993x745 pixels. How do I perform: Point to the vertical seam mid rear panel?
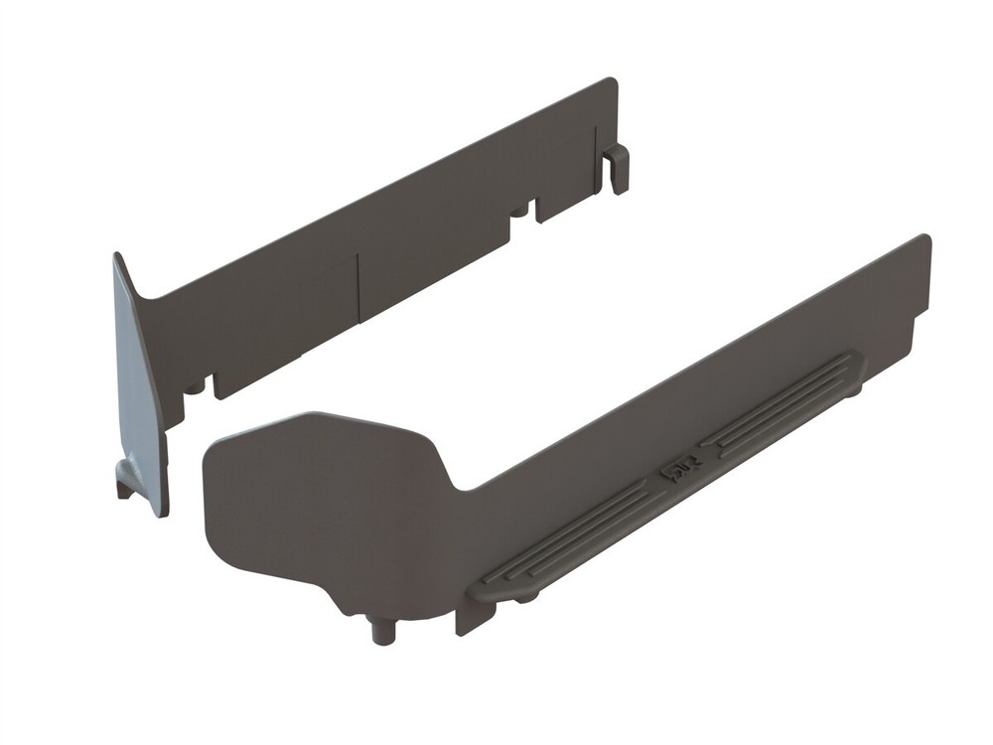pos(357,288)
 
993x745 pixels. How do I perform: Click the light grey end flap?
pos(139,387)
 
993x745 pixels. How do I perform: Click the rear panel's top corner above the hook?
pos(612,83)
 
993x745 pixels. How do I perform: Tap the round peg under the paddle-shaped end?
pos(382,630)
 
